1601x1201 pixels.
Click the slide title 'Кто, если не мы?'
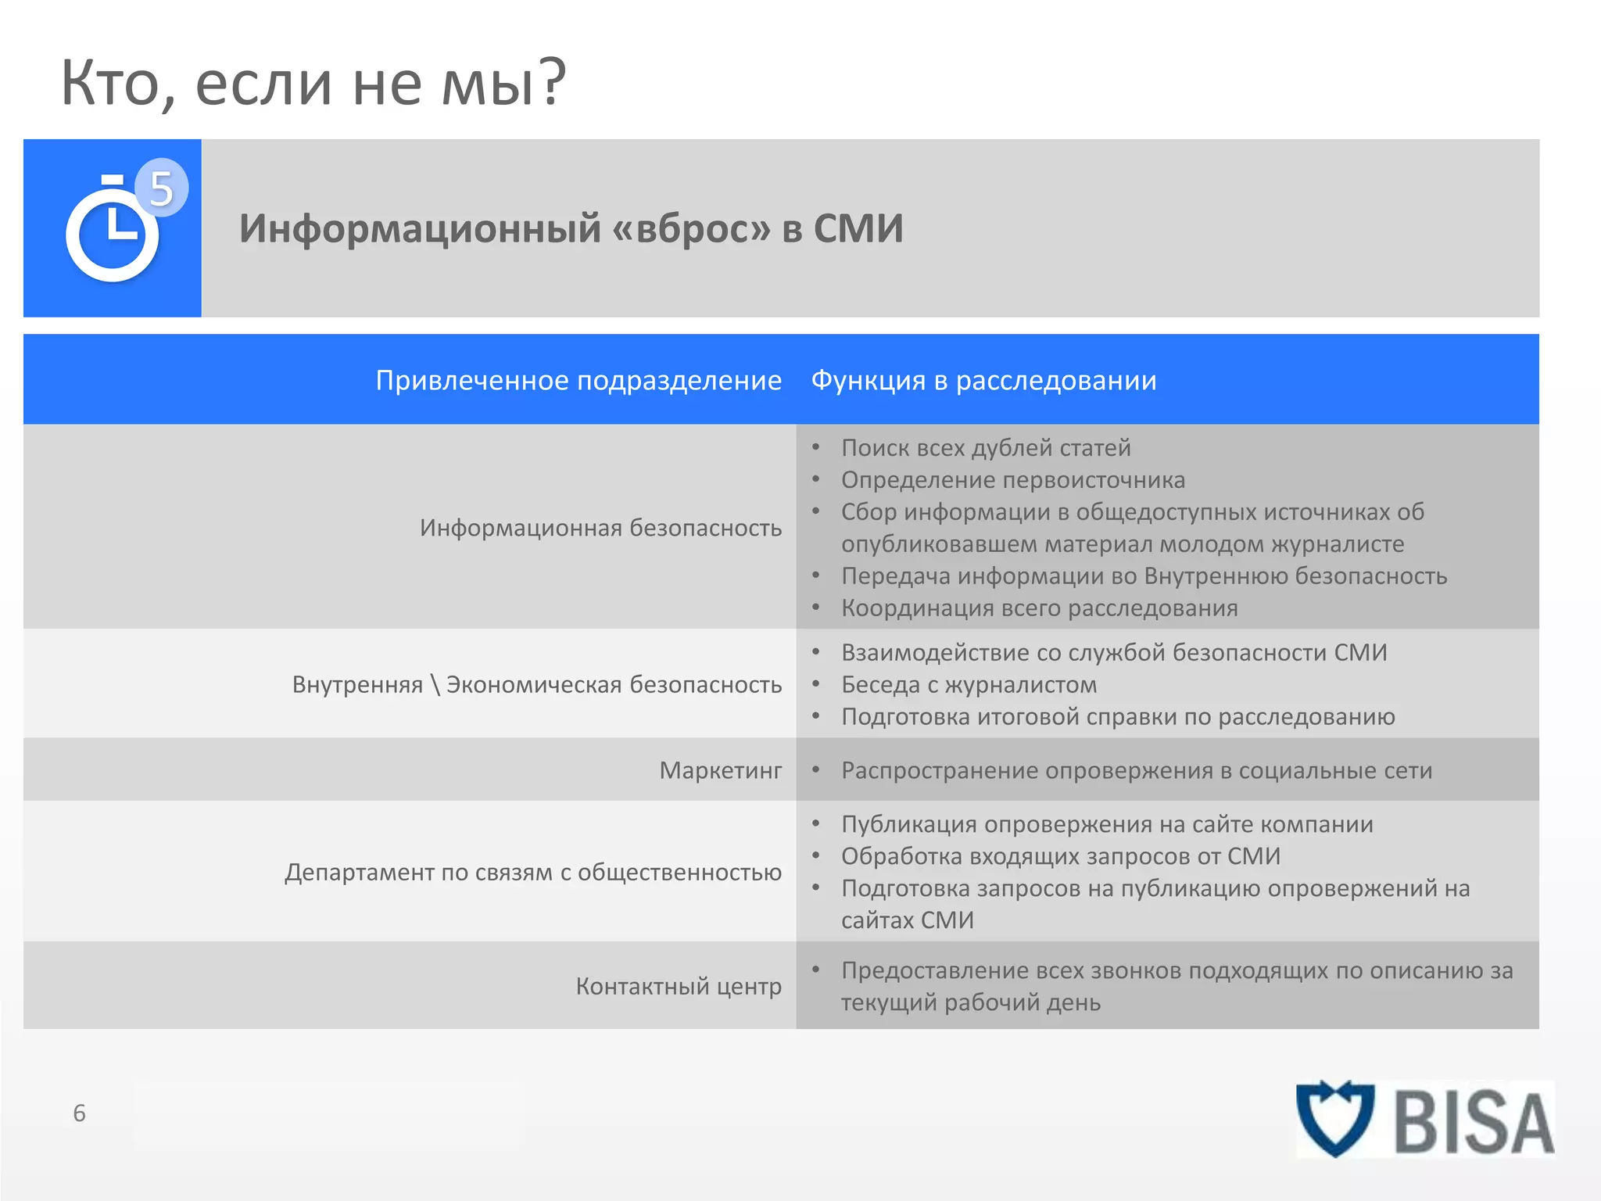(x=313, y=83)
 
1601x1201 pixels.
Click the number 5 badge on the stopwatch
(x=161, y=188)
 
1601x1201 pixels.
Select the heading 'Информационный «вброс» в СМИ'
(x=571, y=229)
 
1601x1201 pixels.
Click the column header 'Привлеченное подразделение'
(x=578, y=380)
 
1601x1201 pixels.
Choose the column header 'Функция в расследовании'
(x=983, y=380)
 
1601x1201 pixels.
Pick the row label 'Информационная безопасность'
(x=600, y=528)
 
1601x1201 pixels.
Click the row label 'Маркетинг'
(x=720, y=770)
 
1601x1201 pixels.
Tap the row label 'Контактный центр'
(x=679, y=986)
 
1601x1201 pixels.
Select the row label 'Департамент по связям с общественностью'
(x=533, y=872)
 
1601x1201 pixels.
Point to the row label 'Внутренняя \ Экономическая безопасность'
(x=537, y=684)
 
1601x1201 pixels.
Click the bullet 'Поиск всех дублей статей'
(x=986, y=448)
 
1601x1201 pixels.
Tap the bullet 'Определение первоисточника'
(x=1012, y=480)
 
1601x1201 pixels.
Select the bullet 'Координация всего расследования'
(x=1039, y=608)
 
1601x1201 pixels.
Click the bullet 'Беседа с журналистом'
(x=969, y=685)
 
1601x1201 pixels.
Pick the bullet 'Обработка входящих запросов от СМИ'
(x=1060, y=856)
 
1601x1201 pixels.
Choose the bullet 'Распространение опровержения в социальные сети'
(x=1137, y=770)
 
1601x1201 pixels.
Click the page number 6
(x=79, y=1113)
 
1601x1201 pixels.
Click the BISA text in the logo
(x=1473, y=1123)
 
